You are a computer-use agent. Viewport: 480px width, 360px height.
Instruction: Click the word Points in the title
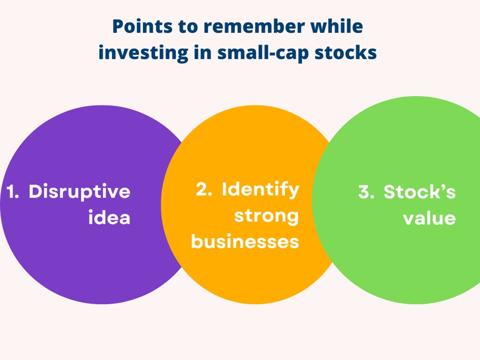click(x=142, y=27)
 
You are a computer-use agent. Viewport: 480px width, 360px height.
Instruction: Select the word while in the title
click(x=337, y=27)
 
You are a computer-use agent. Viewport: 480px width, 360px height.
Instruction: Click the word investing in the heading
click(x=143, y=53)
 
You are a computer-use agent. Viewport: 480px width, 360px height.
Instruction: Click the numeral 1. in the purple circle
click(x=13, y=191)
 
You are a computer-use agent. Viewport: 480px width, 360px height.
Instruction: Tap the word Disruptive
click(x=80, y=192)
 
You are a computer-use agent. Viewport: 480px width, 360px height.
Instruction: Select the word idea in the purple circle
click(x=109, y=218)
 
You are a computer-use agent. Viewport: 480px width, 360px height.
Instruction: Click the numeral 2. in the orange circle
click(x=204, y=189)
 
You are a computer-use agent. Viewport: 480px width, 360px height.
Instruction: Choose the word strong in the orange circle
click(x=267, y=217)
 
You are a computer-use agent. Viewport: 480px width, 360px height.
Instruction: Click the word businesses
click(x=245, y=241)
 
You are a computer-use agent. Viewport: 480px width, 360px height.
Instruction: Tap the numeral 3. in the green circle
click(x=366, y=192)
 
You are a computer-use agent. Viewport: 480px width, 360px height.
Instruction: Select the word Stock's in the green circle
click(x=420, y=192)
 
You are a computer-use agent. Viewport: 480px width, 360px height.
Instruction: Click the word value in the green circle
click(x=429, y=218)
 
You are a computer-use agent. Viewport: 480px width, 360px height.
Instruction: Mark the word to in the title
click(x=188, y=27)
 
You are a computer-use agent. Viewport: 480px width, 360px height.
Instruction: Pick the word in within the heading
click(x=203, y=53)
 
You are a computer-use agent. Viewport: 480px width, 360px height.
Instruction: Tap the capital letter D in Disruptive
click(x=36, y=191)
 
